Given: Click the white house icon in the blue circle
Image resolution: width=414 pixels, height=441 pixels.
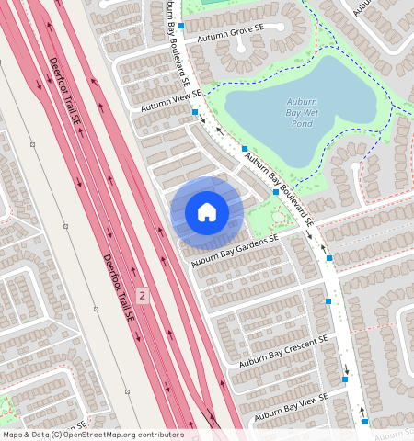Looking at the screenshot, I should (x=207, y=212).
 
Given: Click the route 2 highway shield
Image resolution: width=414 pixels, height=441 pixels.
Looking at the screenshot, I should (x=143, y=295).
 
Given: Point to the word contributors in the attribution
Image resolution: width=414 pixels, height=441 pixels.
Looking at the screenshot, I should (x=164, y=435).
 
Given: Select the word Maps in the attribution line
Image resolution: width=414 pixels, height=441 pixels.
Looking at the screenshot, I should (x=13, y=435).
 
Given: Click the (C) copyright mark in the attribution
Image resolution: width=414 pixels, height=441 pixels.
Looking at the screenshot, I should (x=55, y=435).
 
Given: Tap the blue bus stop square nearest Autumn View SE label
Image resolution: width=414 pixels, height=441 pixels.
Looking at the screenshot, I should (x=195, y=112).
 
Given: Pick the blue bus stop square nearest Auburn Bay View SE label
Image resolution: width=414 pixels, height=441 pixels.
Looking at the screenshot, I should (x=346, y=378).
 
